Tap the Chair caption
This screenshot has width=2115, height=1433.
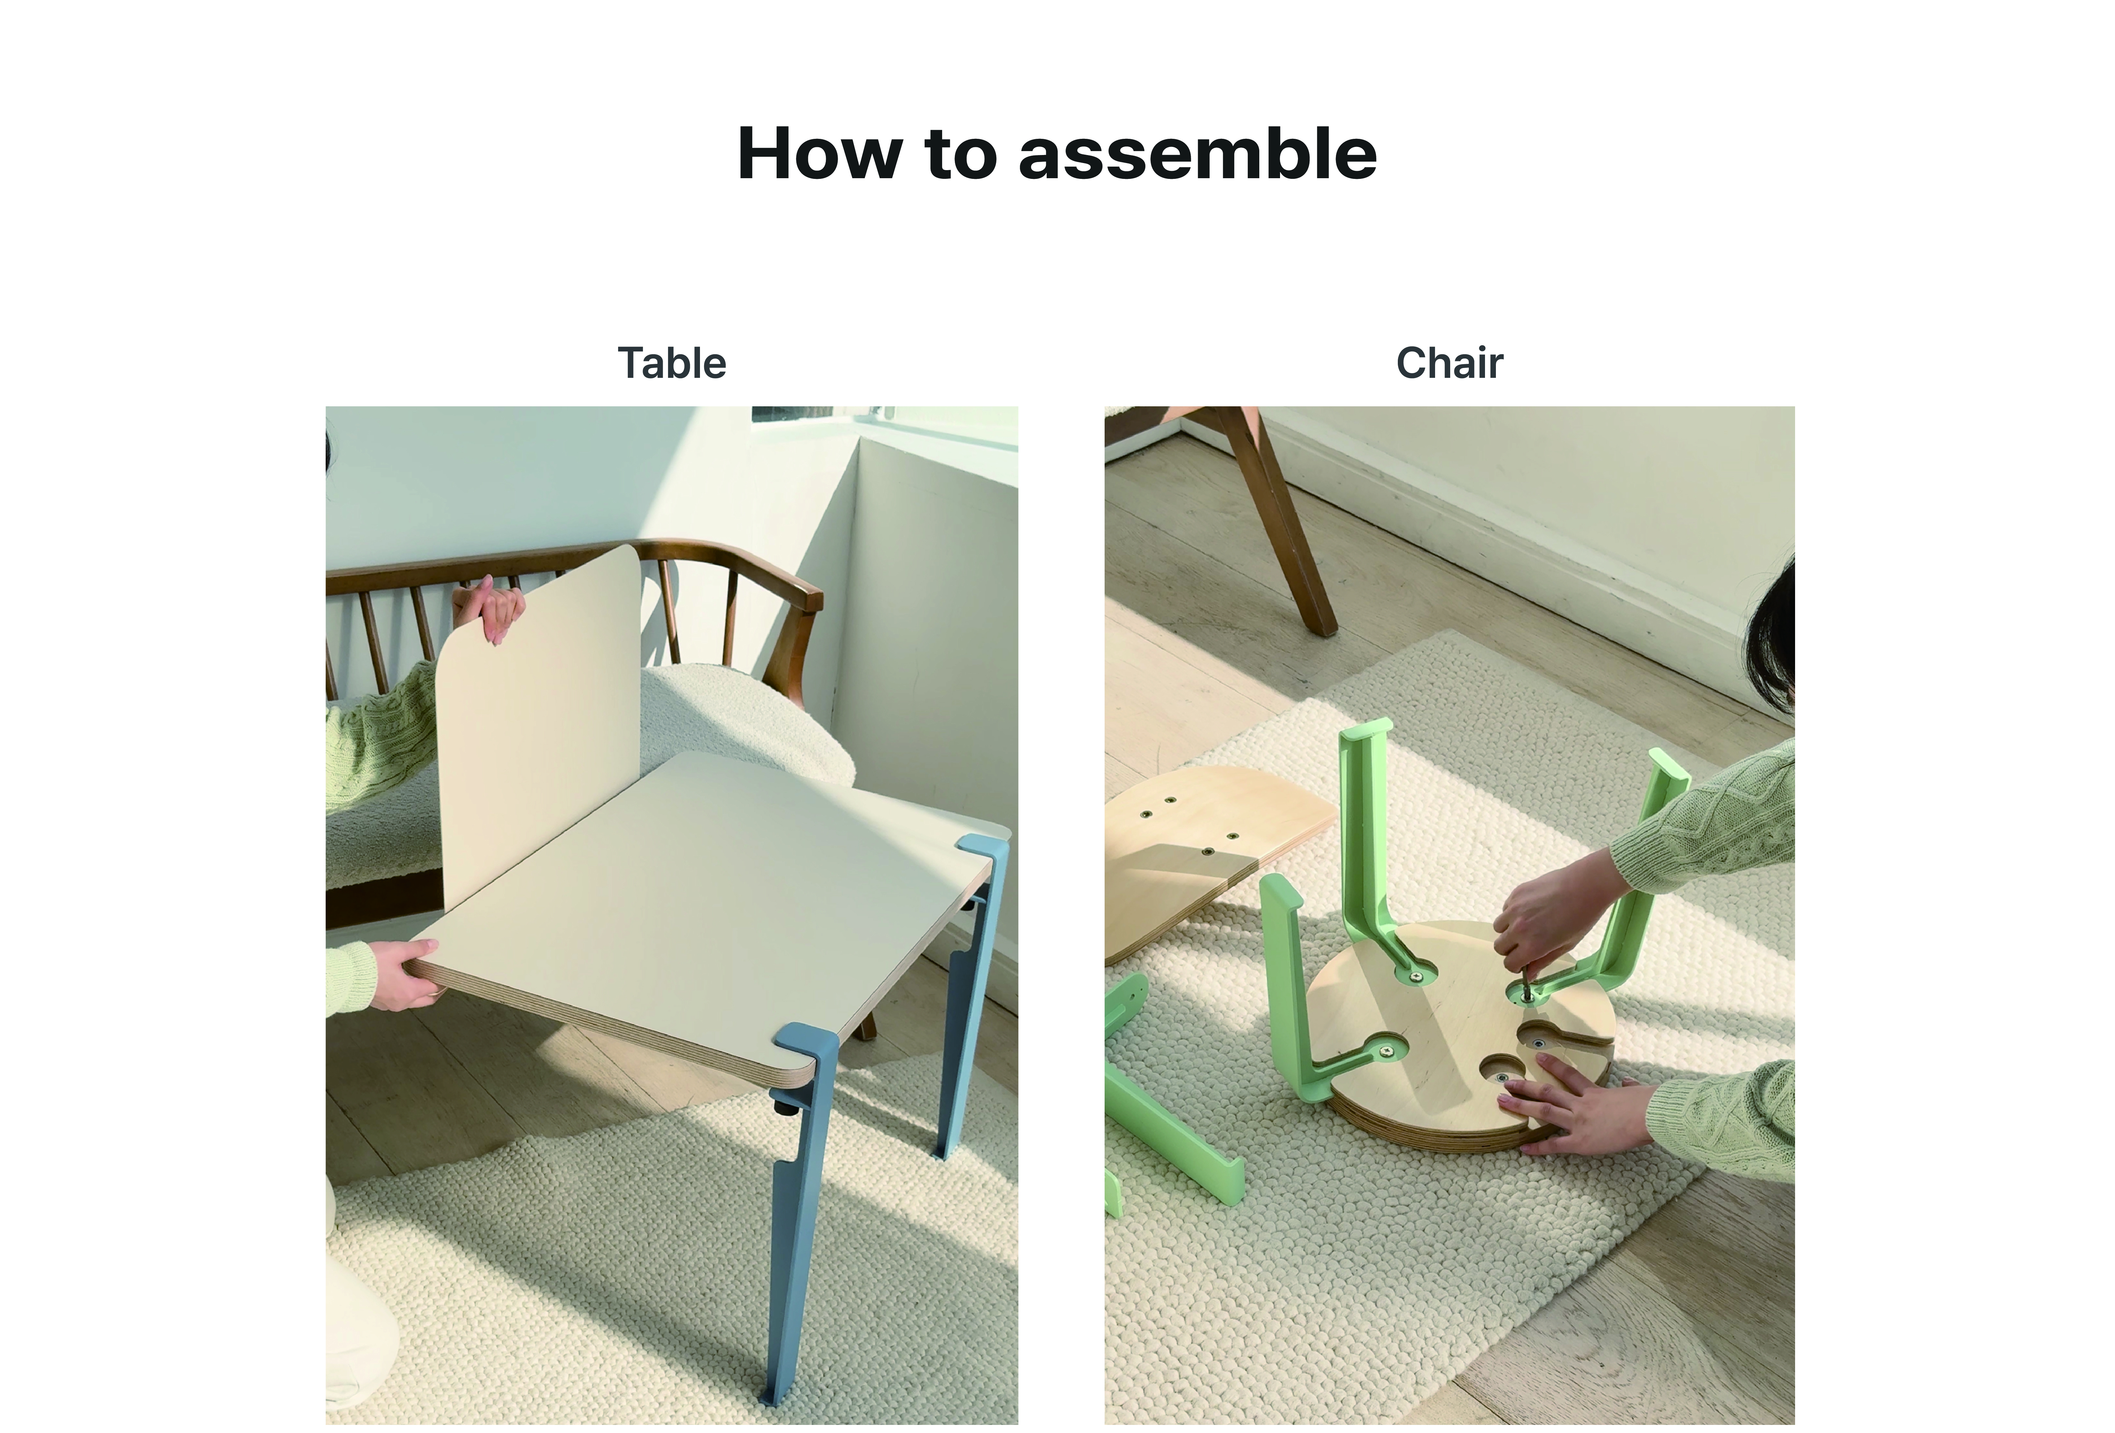pos(1450,363)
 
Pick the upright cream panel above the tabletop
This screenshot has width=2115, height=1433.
pos(537,728)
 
